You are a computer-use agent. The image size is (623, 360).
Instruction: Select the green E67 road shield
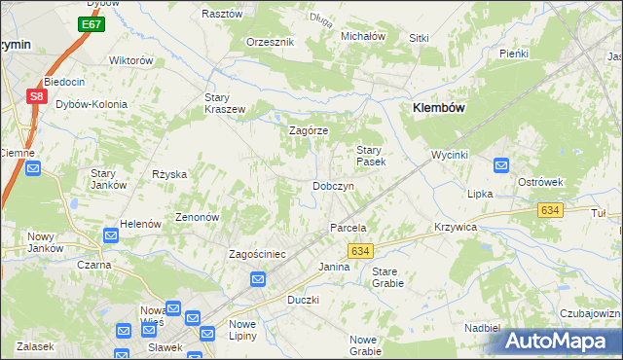pyautogui.click(x=92, y=24)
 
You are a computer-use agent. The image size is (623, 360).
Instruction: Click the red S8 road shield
pyautogui.click(x=35, y=96)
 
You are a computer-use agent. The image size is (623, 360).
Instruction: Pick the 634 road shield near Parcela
pyautogui.click(x=360, y=250)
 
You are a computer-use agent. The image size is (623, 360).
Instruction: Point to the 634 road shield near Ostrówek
pyautogui.click(x=550, y=210)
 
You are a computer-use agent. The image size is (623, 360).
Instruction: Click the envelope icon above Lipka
pyautogui.click(x=501, y=165)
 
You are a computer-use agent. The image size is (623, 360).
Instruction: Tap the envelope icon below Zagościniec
pyautogui.click(x=258, y=280)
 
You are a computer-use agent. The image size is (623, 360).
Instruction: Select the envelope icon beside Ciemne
pyautogui.click(x=33, y=168)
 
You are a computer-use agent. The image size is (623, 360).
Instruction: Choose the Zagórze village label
pyautogui.click(x=309, y=130)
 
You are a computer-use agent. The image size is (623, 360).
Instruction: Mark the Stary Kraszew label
pyautogui.click(x=224, y=103)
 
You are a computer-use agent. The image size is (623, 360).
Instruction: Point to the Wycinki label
pyautogui.click(x=451, y=155)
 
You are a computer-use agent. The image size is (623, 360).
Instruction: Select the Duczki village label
pyautogui.click(x=303, y=300)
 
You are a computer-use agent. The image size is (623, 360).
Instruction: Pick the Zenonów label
pyautogui.click(x=197, y=217)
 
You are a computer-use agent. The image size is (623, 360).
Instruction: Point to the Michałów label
pyautogui.click(x=363, y=36)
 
